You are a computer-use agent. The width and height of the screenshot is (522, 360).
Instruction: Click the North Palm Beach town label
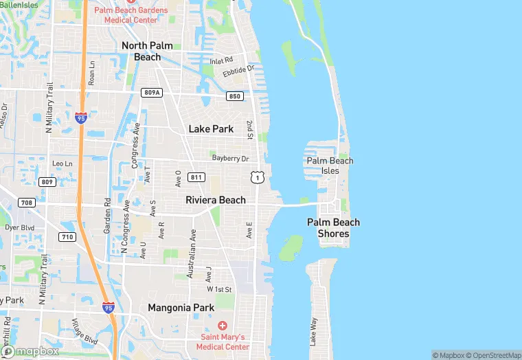[146, 51]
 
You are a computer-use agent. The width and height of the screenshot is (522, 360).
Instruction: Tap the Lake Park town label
[211, 128]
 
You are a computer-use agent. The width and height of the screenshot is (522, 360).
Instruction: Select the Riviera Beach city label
[215, 200]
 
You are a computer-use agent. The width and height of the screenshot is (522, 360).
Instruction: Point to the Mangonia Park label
[181, 308]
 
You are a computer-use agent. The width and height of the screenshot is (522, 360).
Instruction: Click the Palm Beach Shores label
[333, 228]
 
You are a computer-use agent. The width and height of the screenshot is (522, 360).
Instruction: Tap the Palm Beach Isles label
[330, 166]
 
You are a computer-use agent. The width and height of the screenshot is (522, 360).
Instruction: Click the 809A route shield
[152, 92]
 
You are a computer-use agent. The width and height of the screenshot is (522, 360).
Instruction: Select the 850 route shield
[235, 96]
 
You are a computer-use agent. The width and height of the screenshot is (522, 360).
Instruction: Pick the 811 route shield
[196, 177]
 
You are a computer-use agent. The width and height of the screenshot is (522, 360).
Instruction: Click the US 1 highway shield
[257, 178]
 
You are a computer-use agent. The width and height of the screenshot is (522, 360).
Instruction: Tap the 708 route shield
[27, 203]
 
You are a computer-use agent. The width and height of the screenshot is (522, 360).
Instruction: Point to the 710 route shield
[67, 237]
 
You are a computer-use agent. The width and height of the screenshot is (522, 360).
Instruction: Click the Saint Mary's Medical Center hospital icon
[222, 325]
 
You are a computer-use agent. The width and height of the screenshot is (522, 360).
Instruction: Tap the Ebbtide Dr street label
[238, 71]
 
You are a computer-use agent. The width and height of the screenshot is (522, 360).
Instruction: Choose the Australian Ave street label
[193, 250]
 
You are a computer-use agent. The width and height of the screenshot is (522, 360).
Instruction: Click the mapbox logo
[31, 351]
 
